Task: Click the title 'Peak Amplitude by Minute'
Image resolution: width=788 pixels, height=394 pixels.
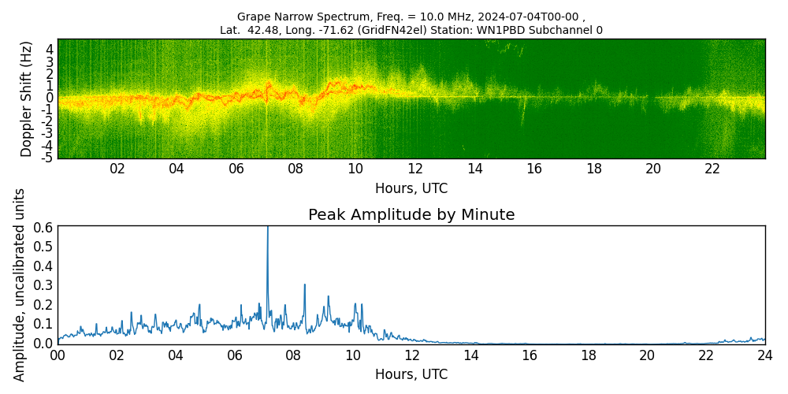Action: point(411,215)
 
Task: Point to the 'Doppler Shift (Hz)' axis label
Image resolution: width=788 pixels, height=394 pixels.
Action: point(27,98)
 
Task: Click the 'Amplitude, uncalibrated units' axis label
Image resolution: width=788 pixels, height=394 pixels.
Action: point(20,284)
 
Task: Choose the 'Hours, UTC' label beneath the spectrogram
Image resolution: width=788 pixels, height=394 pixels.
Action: point(411,188)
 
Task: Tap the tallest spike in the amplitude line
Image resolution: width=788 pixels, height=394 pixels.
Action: point(268,229)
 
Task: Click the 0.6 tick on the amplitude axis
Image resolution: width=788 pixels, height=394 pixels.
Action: point(43,227)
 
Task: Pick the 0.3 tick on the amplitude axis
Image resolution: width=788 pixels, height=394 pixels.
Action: point(43,285)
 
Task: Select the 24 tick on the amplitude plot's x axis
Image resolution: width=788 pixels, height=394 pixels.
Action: point(765,355)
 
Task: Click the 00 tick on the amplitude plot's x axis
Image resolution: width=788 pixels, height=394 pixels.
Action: point(58,355)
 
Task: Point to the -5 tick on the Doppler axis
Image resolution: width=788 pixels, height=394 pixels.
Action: point(47,158)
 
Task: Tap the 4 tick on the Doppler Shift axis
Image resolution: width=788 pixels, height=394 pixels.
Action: point(50,50)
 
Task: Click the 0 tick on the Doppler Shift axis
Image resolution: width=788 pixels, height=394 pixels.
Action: point(50,98)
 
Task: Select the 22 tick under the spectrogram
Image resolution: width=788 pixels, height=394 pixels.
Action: point(712,169)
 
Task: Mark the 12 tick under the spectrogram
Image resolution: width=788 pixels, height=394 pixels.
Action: point(415,169)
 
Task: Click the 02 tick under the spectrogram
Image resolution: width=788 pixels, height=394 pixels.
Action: point(117,169)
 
